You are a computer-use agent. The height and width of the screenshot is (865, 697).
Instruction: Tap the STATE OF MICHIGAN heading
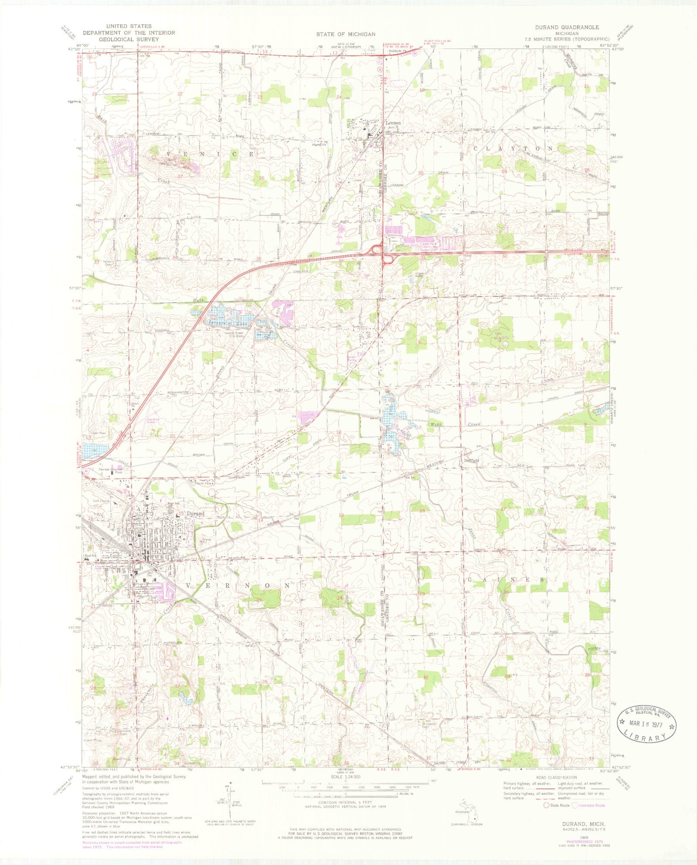(345, 34)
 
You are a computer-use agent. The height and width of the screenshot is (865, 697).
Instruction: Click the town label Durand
(195, 514)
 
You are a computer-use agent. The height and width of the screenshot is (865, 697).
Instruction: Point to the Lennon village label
(393, 123)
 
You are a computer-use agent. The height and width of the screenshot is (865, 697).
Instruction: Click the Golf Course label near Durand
(101, 501)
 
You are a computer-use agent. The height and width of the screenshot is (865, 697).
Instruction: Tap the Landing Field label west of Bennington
(152, 421)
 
